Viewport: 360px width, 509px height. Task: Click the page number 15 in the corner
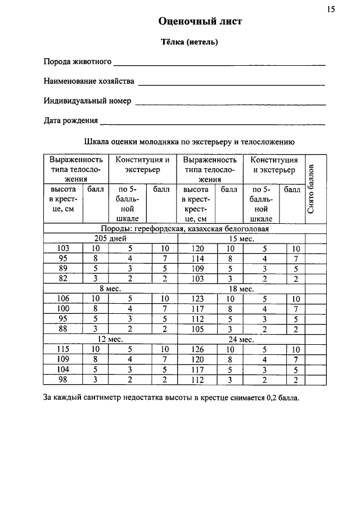330,8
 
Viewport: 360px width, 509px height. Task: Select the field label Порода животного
78,61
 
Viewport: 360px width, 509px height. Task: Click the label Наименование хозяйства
89,82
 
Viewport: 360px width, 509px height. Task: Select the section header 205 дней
110,238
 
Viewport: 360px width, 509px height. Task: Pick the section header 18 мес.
242,289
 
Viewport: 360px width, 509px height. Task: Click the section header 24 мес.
242,339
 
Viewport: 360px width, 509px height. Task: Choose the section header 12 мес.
110,339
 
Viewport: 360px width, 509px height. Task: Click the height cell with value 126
197,349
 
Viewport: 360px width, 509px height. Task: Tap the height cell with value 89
63,268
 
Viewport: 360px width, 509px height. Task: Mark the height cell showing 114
197,258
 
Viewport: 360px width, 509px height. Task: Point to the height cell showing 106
63,299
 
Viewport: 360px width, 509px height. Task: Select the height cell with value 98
63,380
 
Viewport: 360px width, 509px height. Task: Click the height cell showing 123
197,299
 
